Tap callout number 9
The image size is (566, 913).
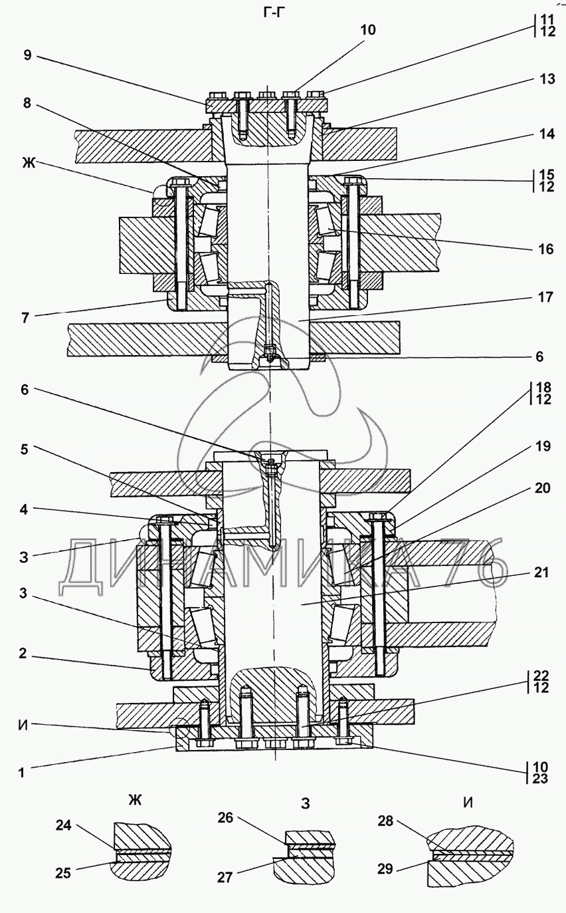click(x=27, y=55)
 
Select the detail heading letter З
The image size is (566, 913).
click(x=305, y=803)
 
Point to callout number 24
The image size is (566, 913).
click(x=64, y=825)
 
